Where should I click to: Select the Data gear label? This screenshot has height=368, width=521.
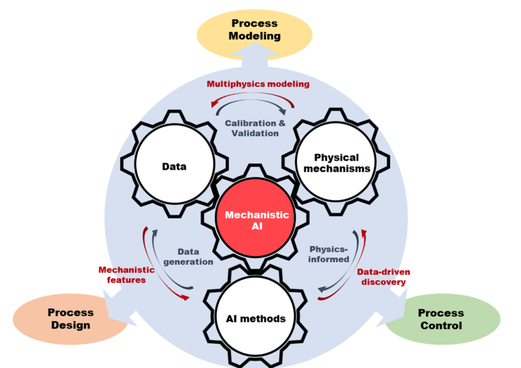[174, 167]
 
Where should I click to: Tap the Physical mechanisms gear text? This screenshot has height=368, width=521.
[337, 163]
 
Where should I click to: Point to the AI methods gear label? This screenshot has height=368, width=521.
[256, 319]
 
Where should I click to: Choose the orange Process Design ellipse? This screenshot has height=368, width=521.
[70, 319]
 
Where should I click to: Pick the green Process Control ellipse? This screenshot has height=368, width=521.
[441, 319]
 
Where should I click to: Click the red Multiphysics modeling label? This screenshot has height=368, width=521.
[258, 84]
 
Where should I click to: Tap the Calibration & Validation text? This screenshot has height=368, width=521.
[255, 128]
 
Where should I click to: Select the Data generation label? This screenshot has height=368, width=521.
[188, 257]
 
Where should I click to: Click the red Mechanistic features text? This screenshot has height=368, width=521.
[126, 275]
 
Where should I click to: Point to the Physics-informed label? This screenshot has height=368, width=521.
[328, 254]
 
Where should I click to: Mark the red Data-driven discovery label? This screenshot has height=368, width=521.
[383, 277]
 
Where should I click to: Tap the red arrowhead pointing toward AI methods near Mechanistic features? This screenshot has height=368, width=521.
[185, 298]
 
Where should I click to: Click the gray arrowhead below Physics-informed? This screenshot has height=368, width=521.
[321, 290]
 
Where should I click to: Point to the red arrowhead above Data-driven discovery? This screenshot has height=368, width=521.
[364, 233]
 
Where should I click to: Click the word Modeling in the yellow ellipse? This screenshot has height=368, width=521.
[254, 36]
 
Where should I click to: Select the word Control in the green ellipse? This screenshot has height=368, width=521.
[441, 326]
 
